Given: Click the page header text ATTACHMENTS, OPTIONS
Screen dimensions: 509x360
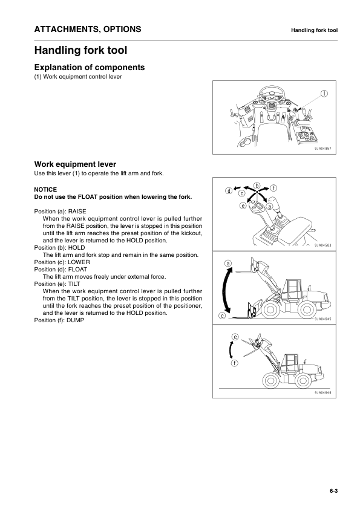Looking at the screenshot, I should (88, 29).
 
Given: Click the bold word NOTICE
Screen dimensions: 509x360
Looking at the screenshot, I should (46, 189).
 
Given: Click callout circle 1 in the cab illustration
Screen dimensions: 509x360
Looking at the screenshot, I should (324, 94).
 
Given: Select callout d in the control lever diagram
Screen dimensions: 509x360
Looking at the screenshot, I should (229, 191).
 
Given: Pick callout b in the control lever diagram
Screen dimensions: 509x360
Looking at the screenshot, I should (257, 185).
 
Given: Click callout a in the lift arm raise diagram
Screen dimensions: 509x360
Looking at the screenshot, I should (227, 264).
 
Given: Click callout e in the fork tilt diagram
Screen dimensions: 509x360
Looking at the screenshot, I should (235, 336).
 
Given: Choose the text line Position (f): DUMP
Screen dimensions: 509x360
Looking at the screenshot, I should (59, 320).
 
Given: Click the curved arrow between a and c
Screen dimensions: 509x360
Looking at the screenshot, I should (227, 290).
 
